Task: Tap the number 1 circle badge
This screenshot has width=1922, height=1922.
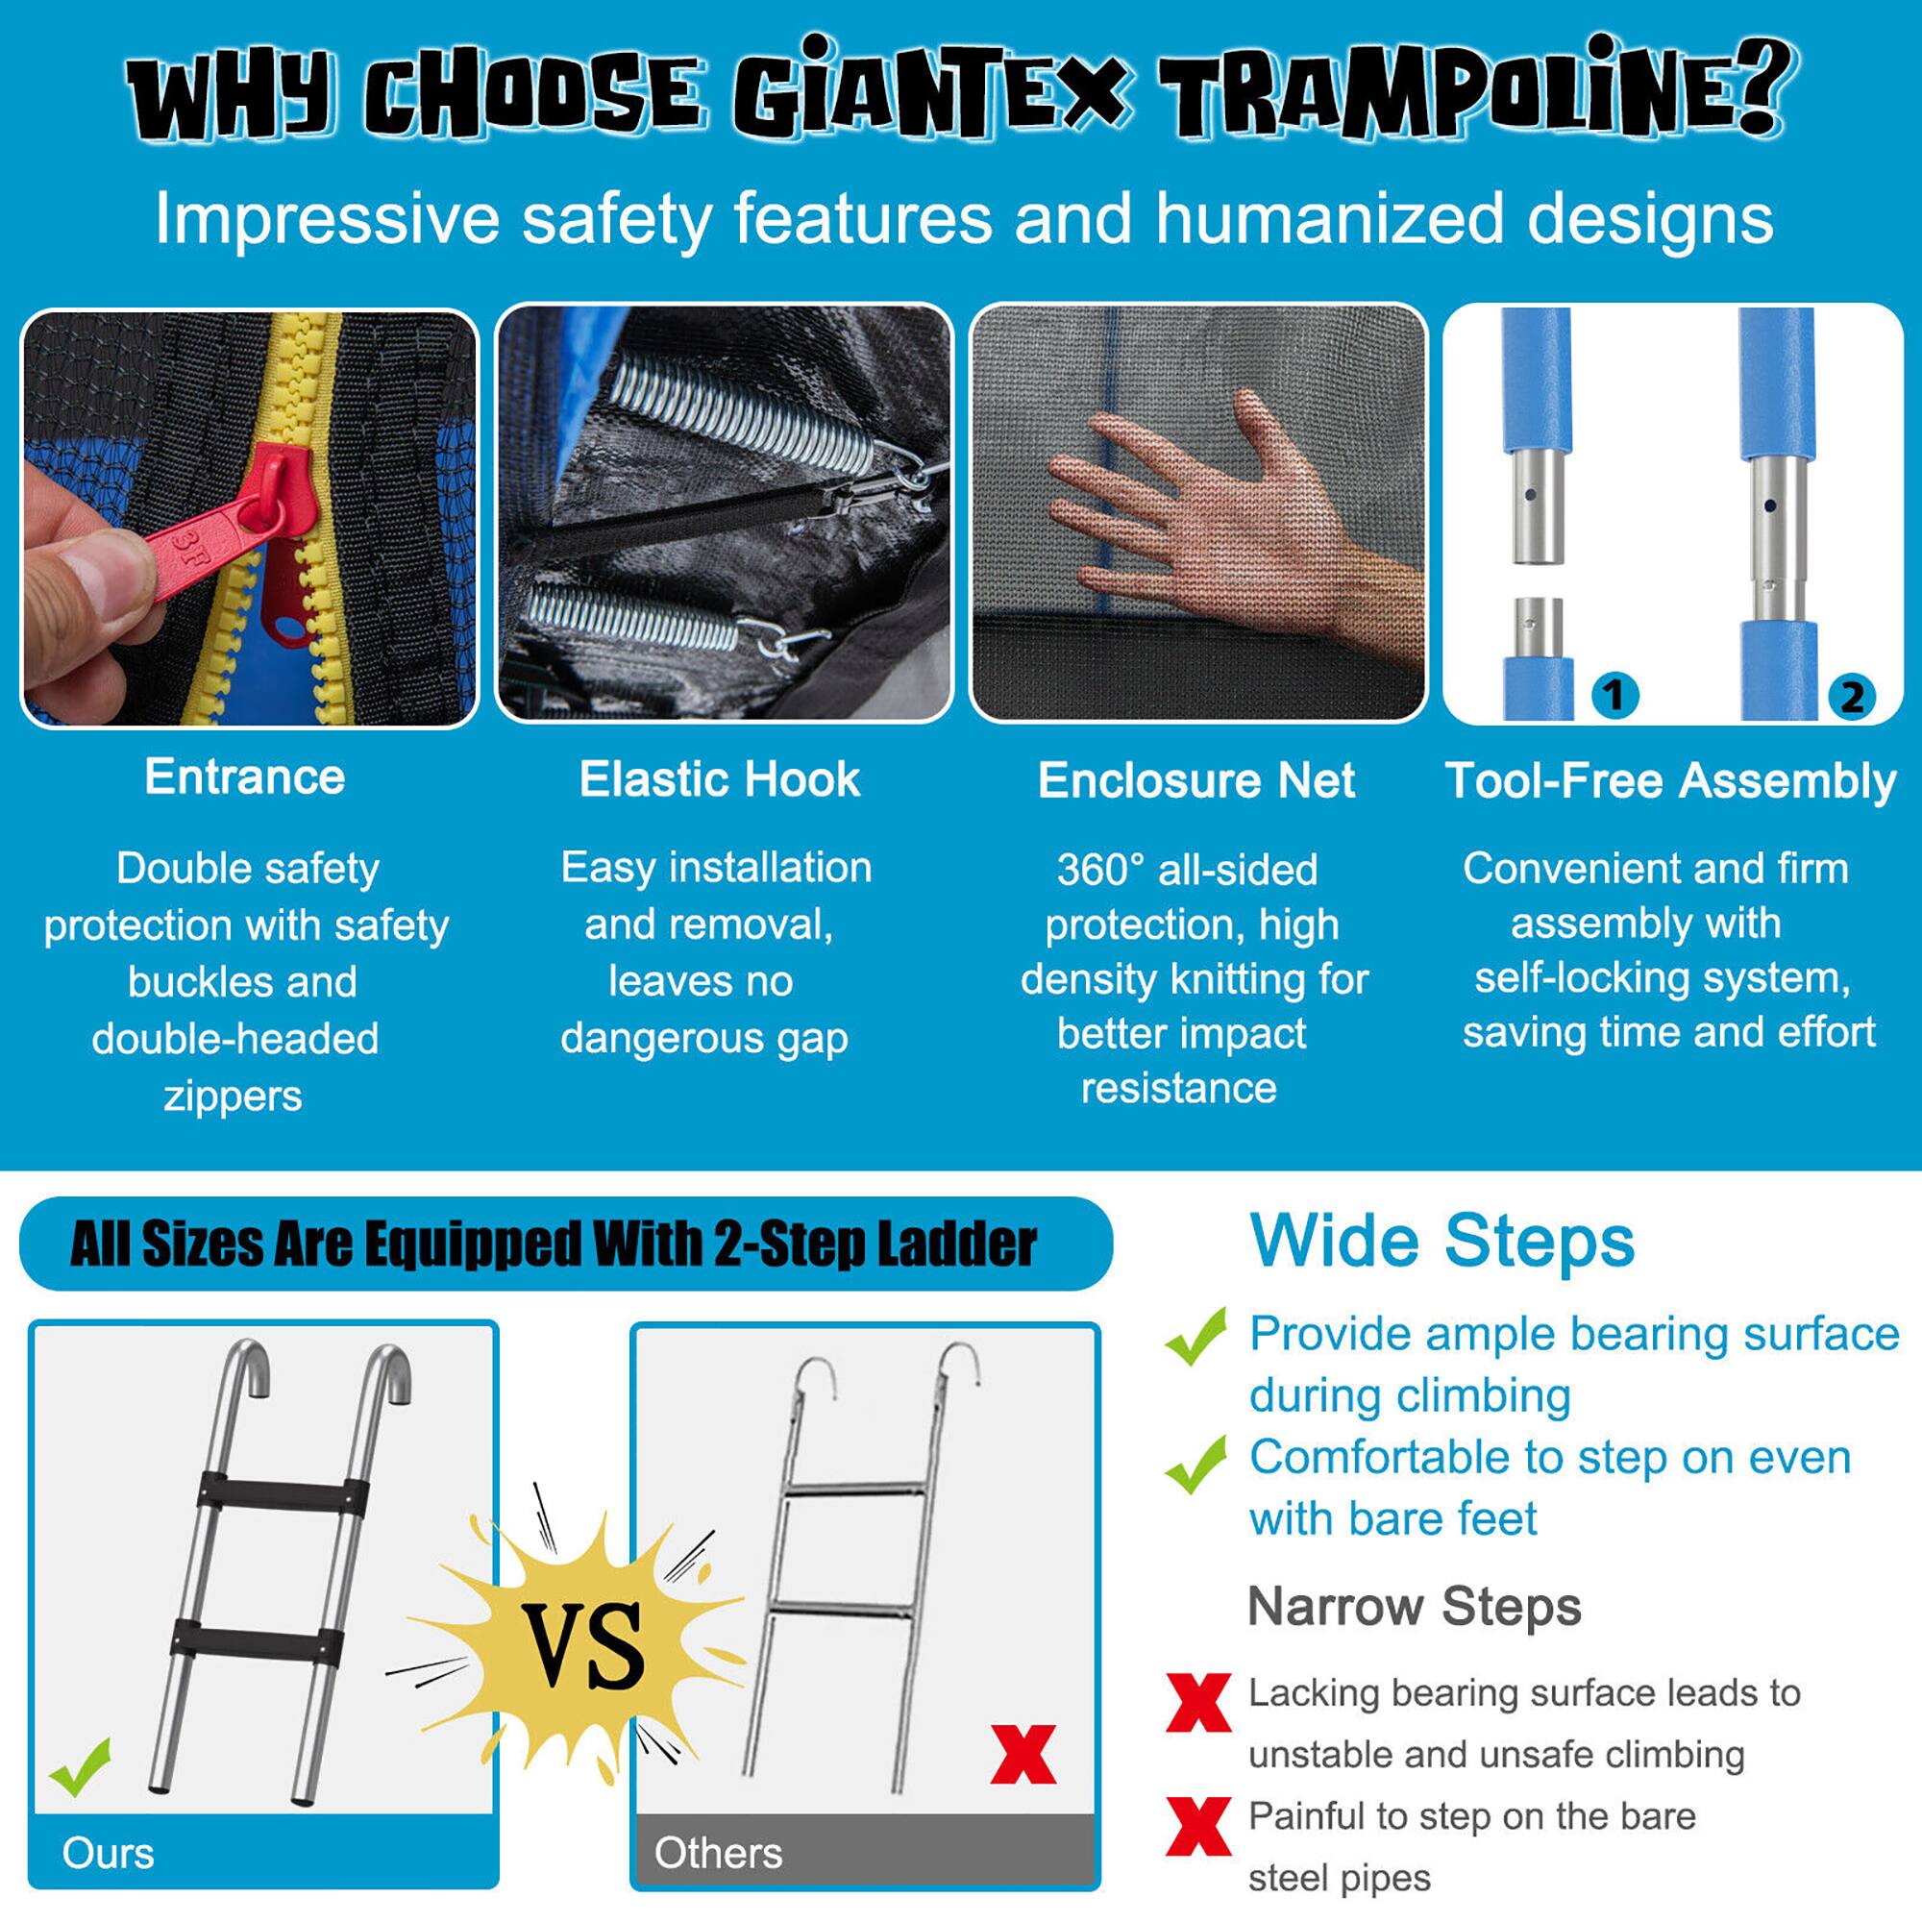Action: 1614,695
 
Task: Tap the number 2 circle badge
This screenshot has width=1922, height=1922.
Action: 1852,697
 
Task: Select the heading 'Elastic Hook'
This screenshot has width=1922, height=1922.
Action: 719,779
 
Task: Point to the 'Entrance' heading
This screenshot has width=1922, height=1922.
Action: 245,776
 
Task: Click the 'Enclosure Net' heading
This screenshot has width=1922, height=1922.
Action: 1195,781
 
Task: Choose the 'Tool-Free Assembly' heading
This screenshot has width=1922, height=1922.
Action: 1670,781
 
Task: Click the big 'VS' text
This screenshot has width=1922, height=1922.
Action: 585,1646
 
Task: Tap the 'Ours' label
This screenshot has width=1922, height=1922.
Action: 108,1853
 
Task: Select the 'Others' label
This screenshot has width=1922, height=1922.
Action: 717,1853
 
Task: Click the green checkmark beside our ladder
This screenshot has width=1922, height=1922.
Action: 80,1767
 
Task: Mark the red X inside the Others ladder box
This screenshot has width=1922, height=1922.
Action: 1023,1755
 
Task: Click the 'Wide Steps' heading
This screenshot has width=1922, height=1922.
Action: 1441,1242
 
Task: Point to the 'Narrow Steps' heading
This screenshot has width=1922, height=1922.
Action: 1414,1607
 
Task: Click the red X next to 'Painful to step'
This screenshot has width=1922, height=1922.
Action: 1197,1827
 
